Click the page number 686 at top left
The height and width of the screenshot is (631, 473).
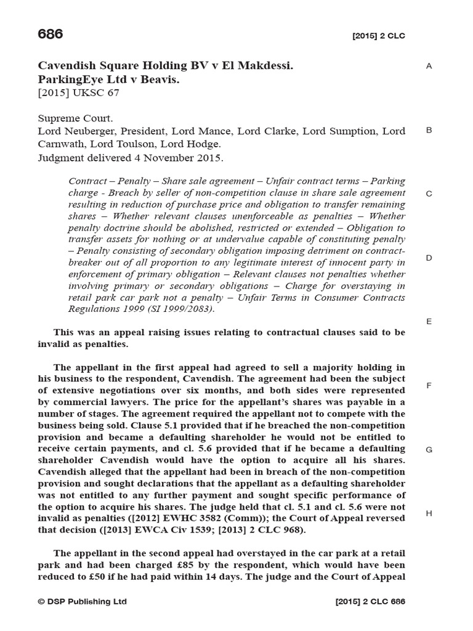pyautogui.click(x=51, y=35)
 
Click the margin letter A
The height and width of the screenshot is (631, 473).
pyautogui.click(x=429, y=66)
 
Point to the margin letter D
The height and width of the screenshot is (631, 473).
pyautogui.click(x=429, y=258)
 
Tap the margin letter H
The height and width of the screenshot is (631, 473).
pyautogui.click(x=429, y=513)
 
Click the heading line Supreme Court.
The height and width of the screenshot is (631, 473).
pyautogui.click(x=75, y=118)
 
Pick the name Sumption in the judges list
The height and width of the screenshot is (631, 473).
pyautogui.click(x=348, y=131)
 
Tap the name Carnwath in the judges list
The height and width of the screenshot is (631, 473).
pyautogui.click(x=62, y=144)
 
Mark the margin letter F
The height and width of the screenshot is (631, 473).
pyautogui.click(x=429, y=386)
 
